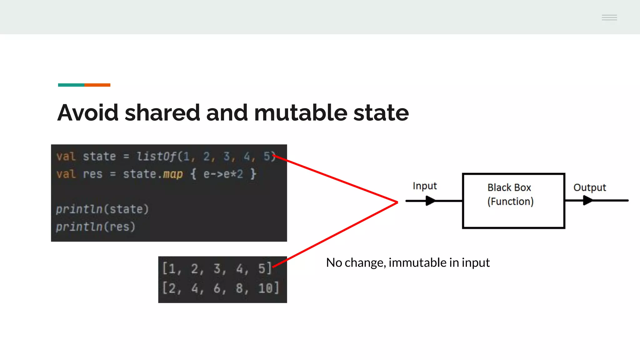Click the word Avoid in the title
pos(88,112)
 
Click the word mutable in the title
pos(300,112)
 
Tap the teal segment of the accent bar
pos(71,85)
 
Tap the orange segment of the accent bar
pos(97,85)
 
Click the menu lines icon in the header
pos(609,17)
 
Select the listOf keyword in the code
pos(156,156)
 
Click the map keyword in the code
pos(172,174)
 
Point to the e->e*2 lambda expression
pos(223,174)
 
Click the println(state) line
pos(102,209)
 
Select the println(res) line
pos(95,227)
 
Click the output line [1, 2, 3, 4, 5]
pos(217,269)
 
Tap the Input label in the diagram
pos(424,186)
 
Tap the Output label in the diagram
pos(589,187)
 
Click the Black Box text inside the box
pos(509,187)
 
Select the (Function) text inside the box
pos(510,202)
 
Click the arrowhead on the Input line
pos(430,201)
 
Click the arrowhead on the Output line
pos(587,200)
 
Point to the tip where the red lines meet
pos(397,202)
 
